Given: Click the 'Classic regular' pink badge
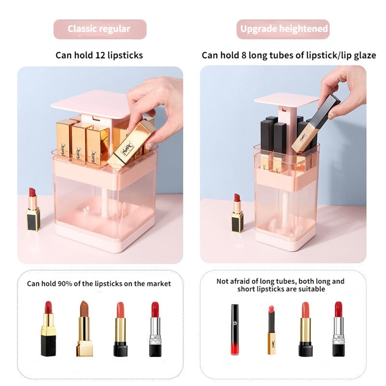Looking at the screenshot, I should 99,29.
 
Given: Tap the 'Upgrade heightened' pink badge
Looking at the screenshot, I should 284,29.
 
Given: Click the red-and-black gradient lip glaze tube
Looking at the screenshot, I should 234,330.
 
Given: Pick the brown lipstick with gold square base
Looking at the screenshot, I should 84,330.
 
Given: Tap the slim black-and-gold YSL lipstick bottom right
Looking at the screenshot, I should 271,330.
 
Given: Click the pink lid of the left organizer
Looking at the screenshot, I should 92,103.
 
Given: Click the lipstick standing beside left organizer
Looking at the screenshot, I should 33,210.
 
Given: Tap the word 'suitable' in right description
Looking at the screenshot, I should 309,289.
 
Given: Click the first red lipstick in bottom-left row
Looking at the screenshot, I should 48,330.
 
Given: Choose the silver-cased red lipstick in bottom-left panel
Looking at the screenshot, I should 155,330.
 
